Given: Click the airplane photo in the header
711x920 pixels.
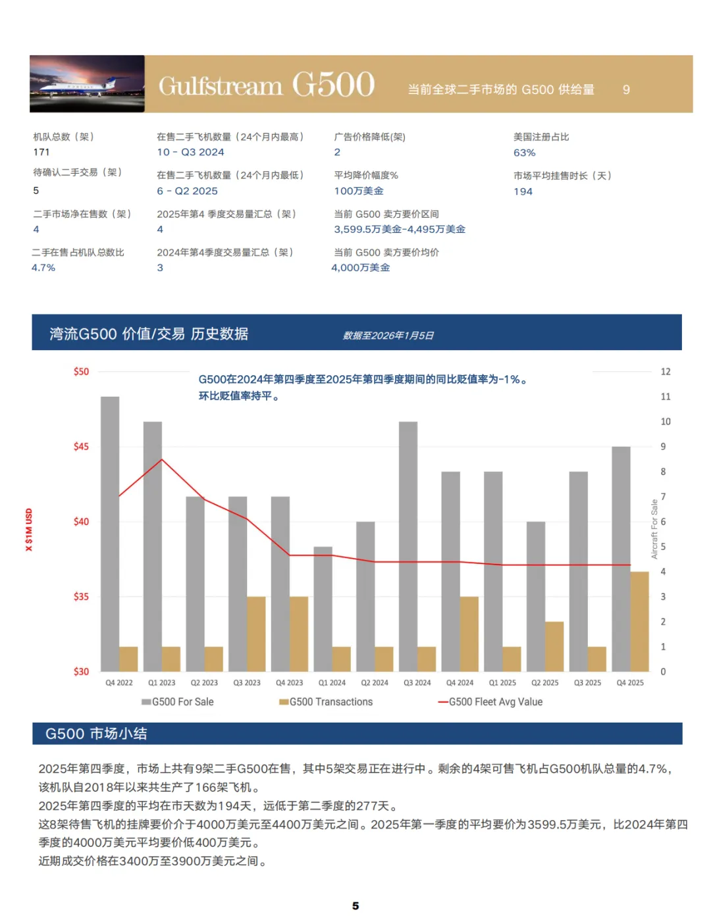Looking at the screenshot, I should tap(87, 84).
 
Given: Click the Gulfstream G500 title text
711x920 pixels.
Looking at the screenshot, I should tap(267, 85).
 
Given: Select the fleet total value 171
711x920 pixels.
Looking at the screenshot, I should tap(41, 152).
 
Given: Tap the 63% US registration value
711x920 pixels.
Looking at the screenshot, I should tap(524, 153).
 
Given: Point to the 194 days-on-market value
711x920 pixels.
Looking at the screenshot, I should tap(523, 192).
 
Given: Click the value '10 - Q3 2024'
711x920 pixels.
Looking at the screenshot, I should tap(190, 152).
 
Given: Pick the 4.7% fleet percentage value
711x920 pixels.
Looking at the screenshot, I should tap(43, 268).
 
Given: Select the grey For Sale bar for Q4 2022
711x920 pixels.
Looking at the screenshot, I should tap(110, 533).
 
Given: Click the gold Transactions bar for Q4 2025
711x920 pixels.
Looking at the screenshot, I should tap(639, 621).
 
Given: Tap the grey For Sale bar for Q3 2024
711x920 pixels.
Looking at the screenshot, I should tap(408, 546).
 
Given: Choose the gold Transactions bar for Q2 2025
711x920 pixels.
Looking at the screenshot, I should tap(554, 646).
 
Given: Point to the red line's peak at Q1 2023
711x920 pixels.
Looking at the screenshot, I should tap(162, 459).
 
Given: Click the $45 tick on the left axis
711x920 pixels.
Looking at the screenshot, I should tap(81, 447).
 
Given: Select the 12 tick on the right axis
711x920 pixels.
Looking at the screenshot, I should tap(666, 372).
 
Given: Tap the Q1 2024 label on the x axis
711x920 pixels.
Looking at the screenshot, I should tap(332, 683).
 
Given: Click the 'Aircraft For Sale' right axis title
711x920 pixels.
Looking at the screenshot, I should tap(654, 529).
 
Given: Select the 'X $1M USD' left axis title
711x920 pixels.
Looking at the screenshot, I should tap(29, 529).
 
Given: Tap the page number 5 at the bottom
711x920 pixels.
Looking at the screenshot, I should tap(355, 906).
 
